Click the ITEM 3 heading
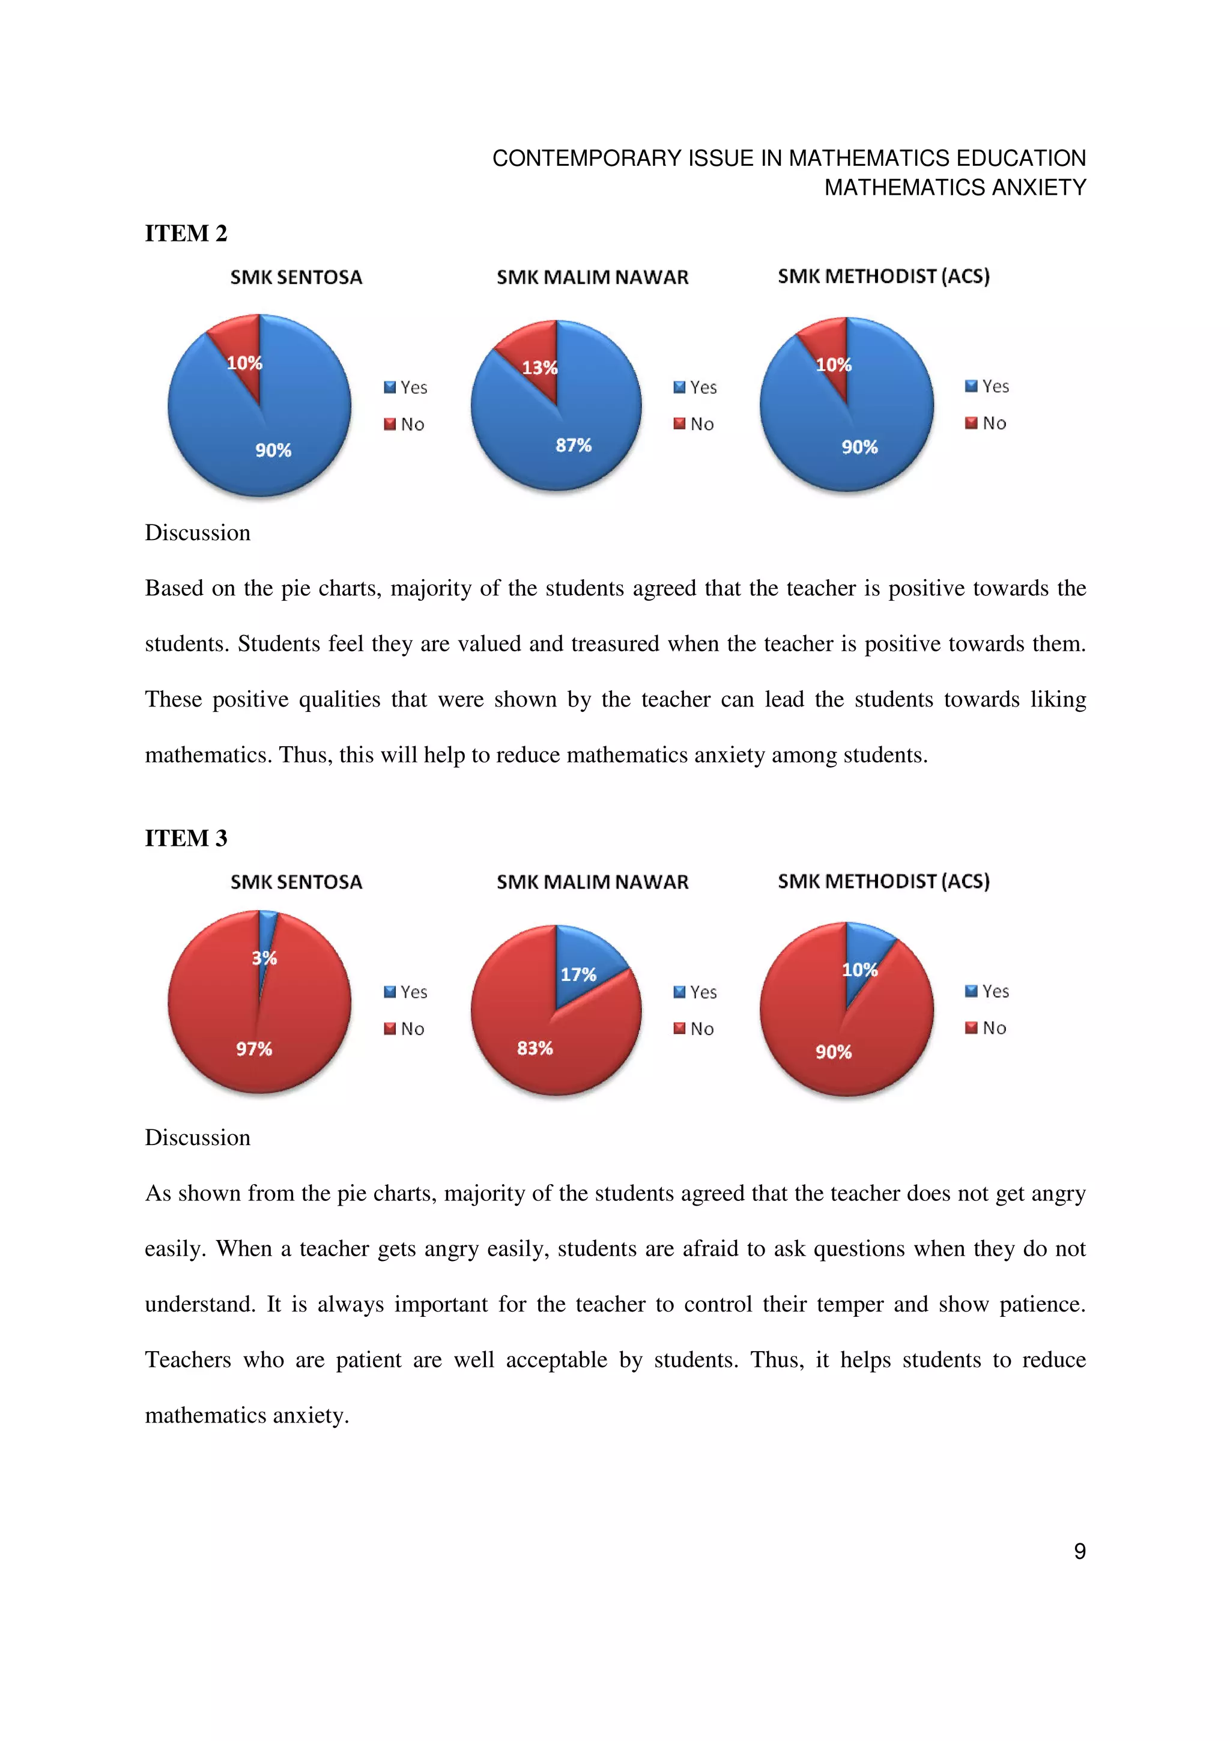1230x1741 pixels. pyautogui.click(x=186, y=838)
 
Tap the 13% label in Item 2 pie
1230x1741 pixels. pyautogui.click(x=539, y=368)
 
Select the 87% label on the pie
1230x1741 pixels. pyautogui.click(x=573, y=445)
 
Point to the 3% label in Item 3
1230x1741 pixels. pyautogui.click(x=264, y=958)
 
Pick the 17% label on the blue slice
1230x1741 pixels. pyautogui.click(x=578, y=974)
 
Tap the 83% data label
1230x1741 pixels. pyautogui.click(x=535, y=1048)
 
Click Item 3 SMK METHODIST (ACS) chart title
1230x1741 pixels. pyautogui.click(x=883, y=881)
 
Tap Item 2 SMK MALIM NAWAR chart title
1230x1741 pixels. pyautogui.click(x=592, y=278)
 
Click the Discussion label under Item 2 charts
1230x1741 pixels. pyautogui.click(x=197, y=533)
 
